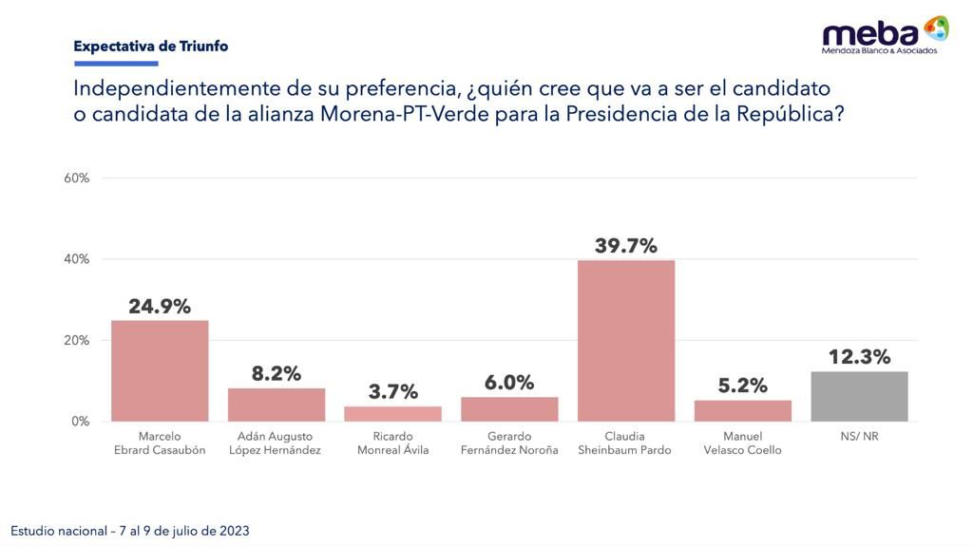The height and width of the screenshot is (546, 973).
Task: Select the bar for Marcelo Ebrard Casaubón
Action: click(x=160, y=370)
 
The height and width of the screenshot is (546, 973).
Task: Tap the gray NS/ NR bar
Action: click(x=859, y=396)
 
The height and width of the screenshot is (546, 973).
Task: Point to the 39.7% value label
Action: click(x=626, y=246)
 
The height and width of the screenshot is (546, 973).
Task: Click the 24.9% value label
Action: click(x=160, y=307)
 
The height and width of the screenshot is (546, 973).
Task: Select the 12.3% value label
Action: click(x=859, y=357)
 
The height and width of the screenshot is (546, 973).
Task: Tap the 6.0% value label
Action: click(x=509, y=383)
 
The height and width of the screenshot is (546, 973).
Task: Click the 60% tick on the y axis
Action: click(x=77, y=179)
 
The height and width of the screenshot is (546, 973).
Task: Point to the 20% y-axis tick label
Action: click(x=77, y=340)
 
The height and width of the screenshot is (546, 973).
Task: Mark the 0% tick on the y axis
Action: click(x=80, y=421)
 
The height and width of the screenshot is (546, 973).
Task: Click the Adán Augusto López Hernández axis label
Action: click(x=277, y=443)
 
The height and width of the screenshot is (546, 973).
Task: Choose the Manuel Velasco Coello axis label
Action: click(x=742, y=443)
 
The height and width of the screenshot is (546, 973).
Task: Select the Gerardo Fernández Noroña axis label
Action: click(x=509, y=443)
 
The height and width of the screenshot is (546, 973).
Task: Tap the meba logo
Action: click(x=885, y=34)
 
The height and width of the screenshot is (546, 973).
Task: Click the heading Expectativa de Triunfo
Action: click(x=150, y=46)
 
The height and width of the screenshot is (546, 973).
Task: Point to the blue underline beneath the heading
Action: click(x=115, y=64)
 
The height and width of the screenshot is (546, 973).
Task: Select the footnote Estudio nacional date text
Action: click(x=130, y=531)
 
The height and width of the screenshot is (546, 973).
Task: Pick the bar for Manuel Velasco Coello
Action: click(x=742, y=410)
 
